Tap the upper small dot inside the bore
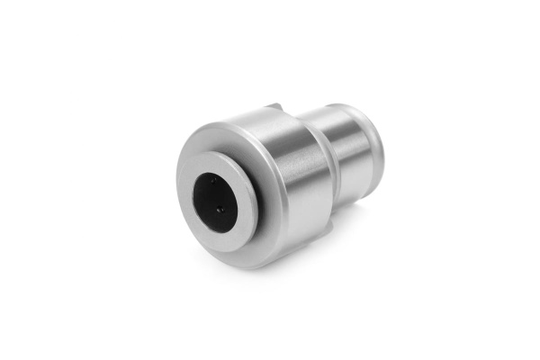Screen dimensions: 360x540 (214, 180)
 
